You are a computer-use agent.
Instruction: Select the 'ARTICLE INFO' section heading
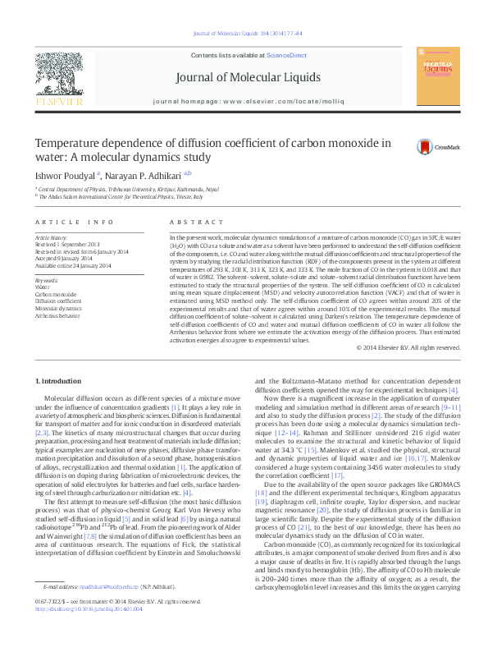(74, 223)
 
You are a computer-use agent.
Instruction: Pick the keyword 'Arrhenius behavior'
(57, 315)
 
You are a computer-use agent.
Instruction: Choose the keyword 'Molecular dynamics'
(57, 308)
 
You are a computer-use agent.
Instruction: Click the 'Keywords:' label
(47, 281)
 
